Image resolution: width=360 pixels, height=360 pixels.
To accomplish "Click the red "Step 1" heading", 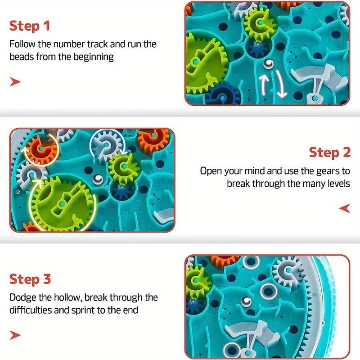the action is (30, 26).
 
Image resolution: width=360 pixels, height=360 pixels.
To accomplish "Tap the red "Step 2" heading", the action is (330, 153).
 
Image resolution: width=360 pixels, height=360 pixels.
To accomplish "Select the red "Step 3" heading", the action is (30, 279).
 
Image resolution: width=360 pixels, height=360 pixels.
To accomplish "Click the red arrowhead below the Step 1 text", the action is (15, 82).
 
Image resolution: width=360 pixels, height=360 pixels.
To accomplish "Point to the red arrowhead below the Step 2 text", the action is (345, 208).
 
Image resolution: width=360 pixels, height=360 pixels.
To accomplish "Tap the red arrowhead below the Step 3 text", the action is (15, 335).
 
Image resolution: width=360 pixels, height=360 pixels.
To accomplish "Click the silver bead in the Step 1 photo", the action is (268, 63).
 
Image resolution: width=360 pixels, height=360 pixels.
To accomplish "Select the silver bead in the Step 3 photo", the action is (246, 301).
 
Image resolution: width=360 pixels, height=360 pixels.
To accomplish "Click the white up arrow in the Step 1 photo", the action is (265, 85).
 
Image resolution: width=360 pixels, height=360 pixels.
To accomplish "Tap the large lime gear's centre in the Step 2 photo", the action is (62, 204).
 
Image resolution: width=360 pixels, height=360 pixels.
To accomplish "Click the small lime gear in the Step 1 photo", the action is (261, 23).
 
